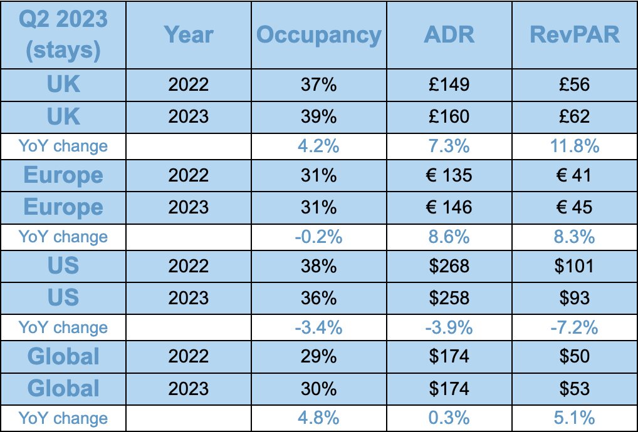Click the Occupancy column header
point(318,35)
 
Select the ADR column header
point(449,35)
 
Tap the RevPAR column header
point(575,35)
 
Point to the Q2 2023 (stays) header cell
point(63,35)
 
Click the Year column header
point(189,35)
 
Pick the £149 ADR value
point(449,84)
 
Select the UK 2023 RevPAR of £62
point(575,116)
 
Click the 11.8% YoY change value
point(575,146)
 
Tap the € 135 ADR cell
point(449,176)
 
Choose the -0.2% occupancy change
point(318,237)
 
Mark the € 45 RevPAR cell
point(575,207)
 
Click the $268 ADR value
point(449,266)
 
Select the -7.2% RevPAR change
point(575,327)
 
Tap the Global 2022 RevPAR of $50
point(575,357)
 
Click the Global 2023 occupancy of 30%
point(318,388)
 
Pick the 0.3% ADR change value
point(449,418)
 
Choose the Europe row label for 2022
point(63,176)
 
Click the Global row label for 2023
point(63,388)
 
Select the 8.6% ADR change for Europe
point(449,237)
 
